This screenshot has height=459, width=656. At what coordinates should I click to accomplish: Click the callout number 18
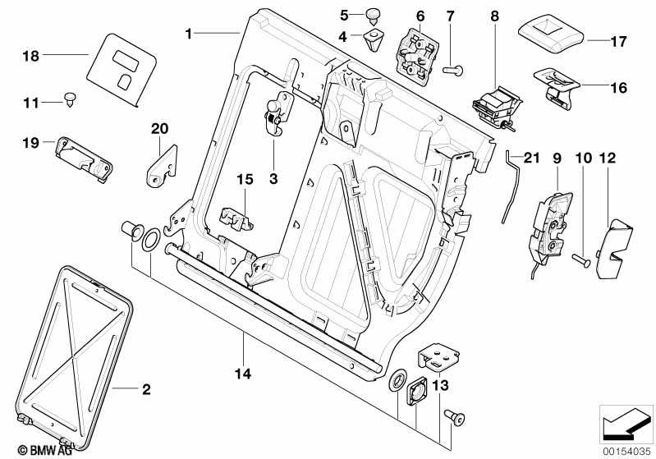30,56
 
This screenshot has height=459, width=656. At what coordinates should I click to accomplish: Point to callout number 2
146,389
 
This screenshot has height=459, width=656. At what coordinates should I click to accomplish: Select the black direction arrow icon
626,423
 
